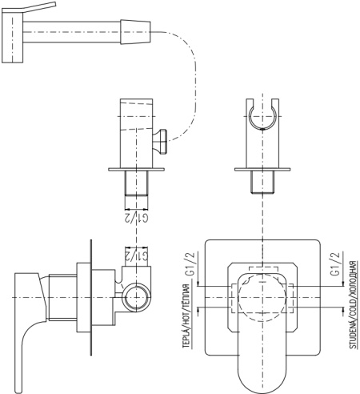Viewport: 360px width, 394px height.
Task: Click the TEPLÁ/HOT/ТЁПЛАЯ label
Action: [x=186, y=316]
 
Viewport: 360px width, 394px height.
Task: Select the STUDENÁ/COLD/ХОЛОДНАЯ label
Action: [x=353, y=304]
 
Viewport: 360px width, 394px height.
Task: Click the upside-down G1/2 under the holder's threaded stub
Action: [x=136, y=218]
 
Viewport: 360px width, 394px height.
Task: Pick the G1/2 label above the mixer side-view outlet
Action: [x=136, y=255]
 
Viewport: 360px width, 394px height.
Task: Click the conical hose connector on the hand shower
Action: [x=135, y=32]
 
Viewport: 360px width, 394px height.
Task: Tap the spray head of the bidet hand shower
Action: [x=13, y=36]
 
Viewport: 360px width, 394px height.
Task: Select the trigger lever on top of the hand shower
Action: [x=30, y=8]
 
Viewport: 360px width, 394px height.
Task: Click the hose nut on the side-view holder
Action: [x=160, y=142]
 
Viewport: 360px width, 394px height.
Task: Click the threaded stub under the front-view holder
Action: [x=262, y=182]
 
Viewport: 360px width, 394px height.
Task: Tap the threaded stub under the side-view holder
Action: [x=136, y=183]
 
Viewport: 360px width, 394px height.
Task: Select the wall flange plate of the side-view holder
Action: [x=136, y=169]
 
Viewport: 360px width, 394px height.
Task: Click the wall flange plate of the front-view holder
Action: [x=262, y=169]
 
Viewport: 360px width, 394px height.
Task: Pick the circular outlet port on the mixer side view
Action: [x=136, y=298]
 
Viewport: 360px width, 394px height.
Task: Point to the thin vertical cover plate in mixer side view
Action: [x=91, y=297]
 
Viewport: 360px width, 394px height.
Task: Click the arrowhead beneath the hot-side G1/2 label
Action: [x=198, y=283]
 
